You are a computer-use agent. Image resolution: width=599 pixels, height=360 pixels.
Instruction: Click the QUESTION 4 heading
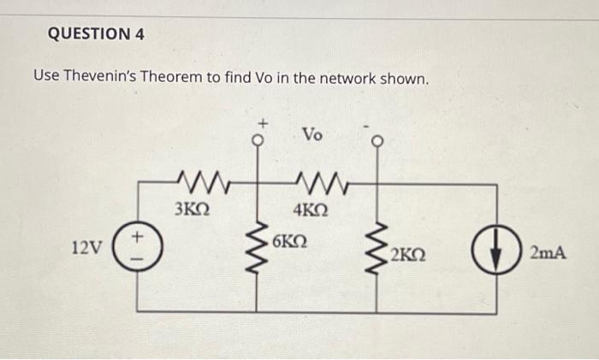(96, 34)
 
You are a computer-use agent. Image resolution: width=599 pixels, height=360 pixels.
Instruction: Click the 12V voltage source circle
(139, 248)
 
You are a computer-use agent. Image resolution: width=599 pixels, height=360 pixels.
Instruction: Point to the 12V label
(87, 249)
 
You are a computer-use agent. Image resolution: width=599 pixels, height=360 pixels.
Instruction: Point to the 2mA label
(548, 252)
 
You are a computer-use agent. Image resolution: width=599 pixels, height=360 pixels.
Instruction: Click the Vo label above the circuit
(313, 135)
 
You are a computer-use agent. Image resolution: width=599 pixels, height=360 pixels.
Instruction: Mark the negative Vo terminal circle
(373, 142)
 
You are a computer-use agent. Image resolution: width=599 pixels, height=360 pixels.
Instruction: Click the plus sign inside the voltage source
(139, 239)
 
